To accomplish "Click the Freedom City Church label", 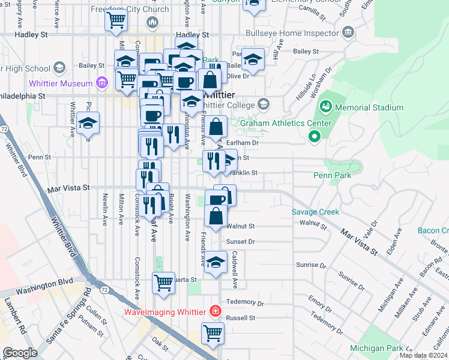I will point(130,10).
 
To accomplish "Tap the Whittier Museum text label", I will point(60,83).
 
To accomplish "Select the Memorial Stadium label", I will point(369,108).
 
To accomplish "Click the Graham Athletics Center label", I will point(286,124).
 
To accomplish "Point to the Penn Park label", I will point(331,176).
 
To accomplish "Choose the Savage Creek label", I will point(316,212).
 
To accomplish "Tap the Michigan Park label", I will point(377,348).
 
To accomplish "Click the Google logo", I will point(20,353).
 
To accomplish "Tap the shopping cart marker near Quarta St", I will point(163,283).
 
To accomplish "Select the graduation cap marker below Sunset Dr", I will point(215,262).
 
